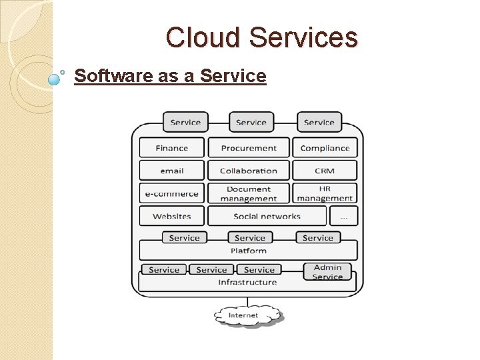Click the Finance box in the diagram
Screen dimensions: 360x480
coord(172,148)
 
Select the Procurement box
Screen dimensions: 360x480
coord(249,148)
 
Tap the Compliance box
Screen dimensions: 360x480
coord(325,148)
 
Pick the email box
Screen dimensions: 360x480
coord(172,171)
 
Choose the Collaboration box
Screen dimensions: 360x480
coord(249,171)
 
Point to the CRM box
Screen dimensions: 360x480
coord(325,171)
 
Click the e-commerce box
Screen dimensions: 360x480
coord(172,194)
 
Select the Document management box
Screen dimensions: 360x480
coord(249,194)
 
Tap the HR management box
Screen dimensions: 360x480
coord(325,194)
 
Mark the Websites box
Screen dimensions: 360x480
coord(172,216)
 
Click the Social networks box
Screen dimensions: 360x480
coord(267,216)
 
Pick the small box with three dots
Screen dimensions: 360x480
coord(344,216)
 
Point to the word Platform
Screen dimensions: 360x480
coord(249,251)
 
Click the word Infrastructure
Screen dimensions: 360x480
coord(247,283)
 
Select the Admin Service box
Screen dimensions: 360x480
coord(327,272)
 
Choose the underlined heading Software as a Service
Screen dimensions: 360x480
coord(170,76)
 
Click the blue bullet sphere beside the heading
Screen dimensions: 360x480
coord(55,79)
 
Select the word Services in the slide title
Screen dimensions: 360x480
coord(303,38)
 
